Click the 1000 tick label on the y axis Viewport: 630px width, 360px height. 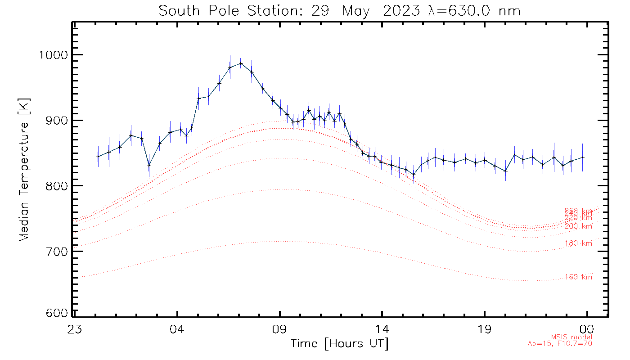[54, 55]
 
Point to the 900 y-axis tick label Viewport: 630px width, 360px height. [57, 121]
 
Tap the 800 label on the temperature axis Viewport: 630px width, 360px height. [57, 186]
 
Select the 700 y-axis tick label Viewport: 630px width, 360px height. [57, 251]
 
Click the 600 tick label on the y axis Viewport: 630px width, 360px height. [57, 313]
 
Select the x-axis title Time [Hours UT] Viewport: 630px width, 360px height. [340, 344]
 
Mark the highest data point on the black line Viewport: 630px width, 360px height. [241, 63]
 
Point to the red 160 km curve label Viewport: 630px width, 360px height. [578, 277]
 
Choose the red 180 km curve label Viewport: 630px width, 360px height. [578, 243]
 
